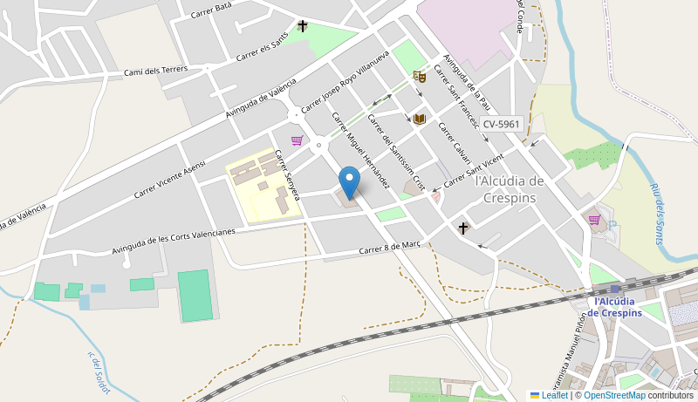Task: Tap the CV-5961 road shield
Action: coord(501,124)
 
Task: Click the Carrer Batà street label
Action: coord(211,10)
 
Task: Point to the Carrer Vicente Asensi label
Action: coord(169,179)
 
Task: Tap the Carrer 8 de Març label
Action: coord(390,248)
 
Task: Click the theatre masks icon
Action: coord(419,77)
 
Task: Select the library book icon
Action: coord(419,119)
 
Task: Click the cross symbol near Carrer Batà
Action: coord(303,26)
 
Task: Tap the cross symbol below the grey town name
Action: coord(463,228)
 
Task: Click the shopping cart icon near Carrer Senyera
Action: coord(297,140)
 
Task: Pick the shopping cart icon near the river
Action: coord(594,220)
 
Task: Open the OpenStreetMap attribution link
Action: coord(614,395)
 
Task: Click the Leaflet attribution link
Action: coord(549,395)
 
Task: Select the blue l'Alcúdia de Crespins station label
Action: coord(618,307)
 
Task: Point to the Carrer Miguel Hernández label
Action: coord(360,149)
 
